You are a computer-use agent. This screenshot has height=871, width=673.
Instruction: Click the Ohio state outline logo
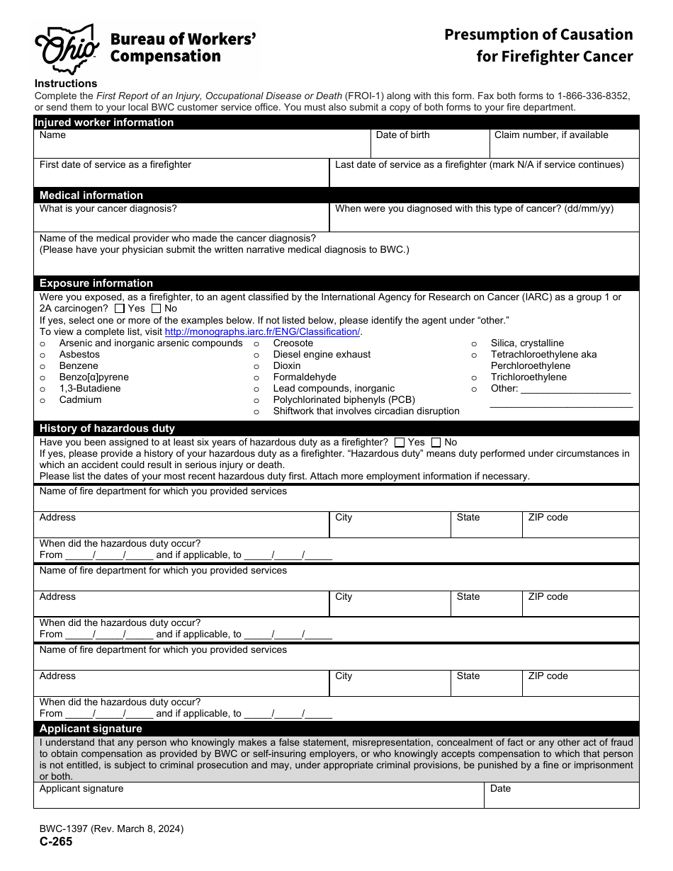coord(67,49)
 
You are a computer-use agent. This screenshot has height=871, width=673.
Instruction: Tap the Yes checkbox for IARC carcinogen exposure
coord(120,309)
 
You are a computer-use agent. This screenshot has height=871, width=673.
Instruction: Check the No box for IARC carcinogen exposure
coord(157,309)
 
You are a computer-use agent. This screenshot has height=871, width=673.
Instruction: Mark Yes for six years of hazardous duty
coord(400,443)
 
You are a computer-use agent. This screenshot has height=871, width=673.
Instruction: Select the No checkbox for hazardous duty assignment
coord(436,443)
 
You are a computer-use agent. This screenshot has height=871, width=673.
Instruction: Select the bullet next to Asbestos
coord(43,355)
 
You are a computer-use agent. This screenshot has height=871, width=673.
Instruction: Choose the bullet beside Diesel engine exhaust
coord(257,355)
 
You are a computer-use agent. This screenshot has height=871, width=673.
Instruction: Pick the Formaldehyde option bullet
coord(257,377)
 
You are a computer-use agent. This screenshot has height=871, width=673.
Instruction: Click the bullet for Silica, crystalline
coord(474,343)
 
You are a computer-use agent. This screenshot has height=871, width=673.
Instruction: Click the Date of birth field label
coord(402,135)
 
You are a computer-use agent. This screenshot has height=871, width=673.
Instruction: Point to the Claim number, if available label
coord(551,135)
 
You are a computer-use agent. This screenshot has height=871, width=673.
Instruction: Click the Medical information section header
coord(91,195)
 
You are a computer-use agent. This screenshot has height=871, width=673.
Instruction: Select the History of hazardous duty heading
coord(107,428)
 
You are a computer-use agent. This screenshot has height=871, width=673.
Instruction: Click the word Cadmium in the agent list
coord(80,400)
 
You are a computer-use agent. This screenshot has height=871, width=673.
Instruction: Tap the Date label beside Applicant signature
coord(500,789)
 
